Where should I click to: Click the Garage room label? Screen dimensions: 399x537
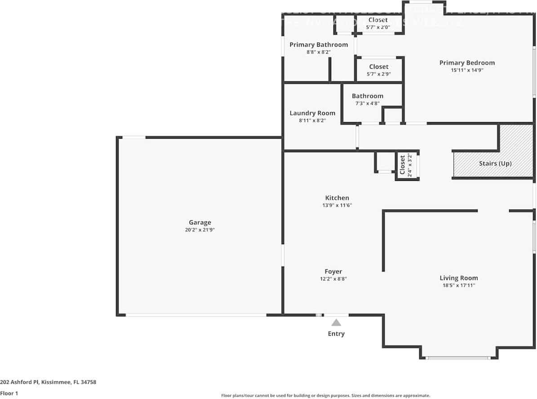point(200,222)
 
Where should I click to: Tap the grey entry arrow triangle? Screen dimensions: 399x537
point(336,322)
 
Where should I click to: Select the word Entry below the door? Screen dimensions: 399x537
point(336,333)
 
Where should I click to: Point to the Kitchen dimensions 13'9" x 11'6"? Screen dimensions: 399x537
point(337,205)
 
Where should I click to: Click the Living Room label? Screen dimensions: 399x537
point(458,278)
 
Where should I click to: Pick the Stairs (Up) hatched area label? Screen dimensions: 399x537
point(495,163)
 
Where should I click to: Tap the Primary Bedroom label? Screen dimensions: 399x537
point(467,63)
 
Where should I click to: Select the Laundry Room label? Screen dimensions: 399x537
point(312,113)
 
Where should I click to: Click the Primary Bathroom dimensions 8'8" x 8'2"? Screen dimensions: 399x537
point(319,52)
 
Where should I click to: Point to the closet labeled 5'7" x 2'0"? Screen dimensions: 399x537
point(378,23)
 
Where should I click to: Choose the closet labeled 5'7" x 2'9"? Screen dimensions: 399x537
point(378,70)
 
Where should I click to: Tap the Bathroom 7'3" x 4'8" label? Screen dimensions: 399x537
point(368,99)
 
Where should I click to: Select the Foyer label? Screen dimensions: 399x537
point(333,272)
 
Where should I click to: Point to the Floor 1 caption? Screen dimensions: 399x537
point(9,393)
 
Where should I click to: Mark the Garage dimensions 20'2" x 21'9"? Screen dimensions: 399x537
point(200,230)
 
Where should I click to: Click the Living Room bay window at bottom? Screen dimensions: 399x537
point(458,358)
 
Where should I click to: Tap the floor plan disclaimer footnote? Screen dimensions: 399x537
point(325,395)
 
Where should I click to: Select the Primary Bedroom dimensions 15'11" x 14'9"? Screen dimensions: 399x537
point(467,70)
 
